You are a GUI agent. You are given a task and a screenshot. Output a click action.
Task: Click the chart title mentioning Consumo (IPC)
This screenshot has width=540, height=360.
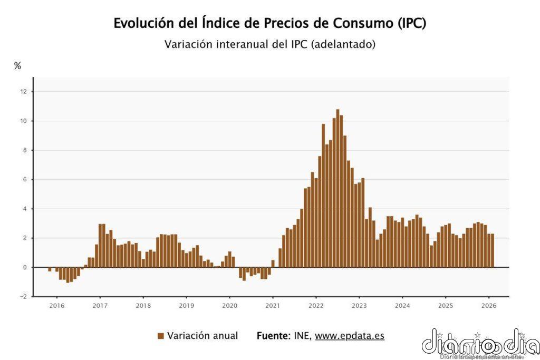pos(269,24)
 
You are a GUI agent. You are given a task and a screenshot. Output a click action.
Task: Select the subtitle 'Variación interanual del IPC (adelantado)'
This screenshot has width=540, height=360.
pos(269,44)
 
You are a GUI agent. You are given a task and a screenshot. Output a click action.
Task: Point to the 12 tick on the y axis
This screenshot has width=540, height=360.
pos(23,92)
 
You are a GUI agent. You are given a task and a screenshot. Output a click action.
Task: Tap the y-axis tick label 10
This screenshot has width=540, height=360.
pos(23,121)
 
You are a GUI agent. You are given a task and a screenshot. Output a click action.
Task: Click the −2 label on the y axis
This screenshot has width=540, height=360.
pos(22,297)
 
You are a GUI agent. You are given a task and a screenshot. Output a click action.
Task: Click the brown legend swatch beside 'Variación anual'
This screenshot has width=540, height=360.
pos(160,336)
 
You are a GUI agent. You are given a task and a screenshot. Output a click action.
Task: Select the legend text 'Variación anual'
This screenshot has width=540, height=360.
pos(202,336)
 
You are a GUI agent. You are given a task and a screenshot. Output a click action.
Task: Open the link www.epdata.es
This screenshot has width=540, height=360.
pos(349,336)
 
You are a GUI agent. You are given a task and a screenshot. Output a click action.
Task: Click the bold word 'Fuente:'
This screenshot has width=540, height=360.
pos(273,336)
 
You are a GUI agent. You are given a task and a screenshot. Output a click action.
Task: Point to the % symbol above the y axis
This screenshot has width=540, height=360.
pos(17,66)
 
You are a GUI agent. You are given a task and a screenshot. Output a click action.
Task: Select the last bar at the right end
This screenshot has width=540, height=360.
pos(493,250)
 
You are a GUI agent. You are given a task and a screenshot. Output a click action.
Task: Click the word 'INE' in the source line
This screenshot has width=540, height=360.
pos(301,336)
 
